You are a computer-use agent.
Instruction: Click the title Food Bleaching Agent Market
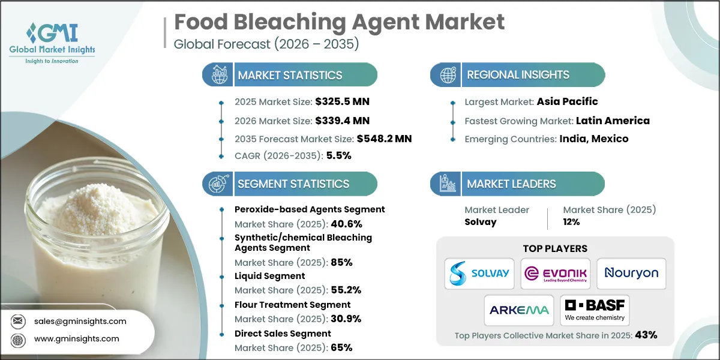pos(339,22)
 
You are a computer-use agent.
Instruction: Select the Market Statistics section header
pos(290,75)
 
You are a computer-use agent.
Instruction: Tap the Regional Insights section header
pos(518,75)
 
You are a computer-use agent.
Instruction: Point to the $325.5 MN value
pos(338,101)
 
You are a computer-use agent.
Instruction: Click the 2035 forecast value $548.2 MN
pos(384,139)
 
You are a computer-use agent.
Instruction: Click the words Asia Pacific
pos(567,101)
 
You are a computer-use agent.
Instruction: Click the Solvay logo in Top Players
pos(479,272)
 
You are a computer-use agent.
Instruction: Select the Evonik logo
pos(555,273)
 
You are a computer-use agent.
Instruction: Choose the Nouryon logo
pos(631,273)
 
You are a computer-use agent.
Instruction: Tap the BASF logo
pos(594,310)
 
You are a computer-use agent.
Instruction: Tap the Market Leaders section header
pos(511,184)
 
